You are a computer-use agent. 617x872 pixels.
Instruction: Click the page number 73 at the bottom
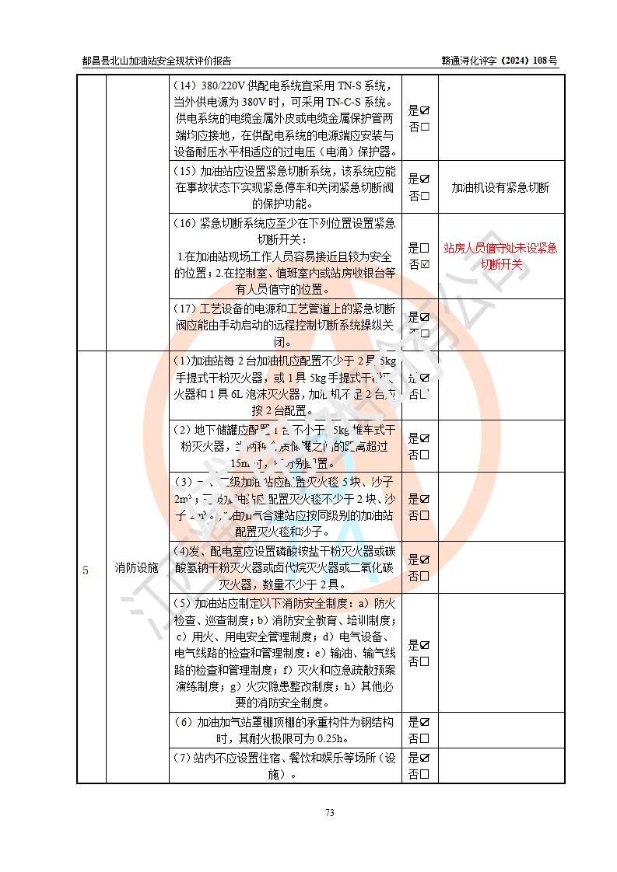coord(329,813)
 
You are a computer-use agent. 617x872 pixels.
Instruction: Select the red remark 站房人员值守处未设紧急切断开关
coord(500,256)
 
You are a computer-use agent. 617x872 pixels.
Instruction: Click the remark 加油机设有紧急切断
coord(500,187)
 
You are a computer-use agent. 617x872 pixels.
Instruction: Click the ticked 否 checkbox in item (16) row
coord(425,264)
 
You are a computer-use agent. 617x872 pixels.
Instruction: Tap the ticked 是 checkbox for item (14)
coord(425,110)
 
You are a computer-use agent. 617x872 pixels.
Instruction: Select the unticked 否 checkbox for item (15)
coord(425,196)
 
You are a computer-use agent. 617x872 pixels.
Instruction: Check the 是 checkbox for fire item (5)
coord(425,645)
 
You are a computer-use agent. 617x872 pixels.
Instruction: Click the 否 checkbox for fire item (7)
coord(425,774)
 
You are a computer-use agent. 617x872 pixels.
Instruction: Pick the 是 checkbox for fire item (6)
coord(425,722)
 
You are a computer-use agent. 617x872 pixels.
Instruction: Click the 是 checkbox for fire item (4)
coord(425,560)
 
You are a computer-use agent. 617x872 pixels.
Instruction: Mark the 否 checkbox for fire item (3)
coord(425,515)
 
